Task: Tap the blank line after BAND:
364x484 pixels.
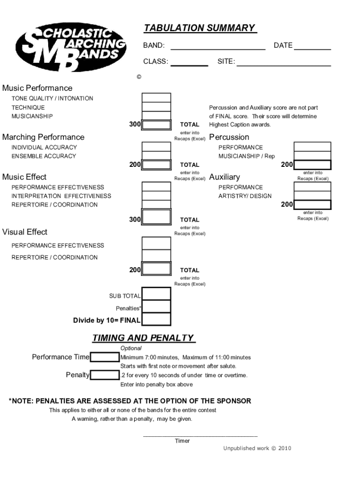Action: [217, 47]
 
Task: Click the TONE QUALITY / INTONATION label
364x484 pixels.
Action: [52, 98]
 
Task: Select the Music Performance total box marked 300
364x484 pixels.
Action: [156, 125]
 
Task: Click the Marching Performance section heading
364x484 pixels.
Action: [43, 137]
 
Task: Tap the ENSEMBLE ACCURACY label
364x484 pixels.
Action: [43, 156]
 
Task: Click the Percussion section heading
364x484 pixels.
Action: [229, 137]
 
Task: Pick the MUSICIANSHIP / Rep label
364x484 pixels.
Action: [246, 156]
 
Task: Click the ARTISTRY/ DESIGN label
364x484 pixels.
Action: [245, 196]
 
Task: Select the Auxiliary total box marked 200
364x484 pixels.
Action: [312, 205]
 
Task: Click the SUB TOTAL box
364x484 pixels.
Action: [156, 294]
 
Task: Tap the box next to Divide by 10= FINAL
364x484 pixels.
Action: [156, 320]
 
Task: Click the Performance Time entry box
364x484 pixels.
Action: [105, 357]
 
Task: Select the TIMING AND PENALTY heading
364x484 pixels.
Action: [143, 338]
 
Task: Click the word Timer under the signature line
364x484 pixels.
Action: [182, 441]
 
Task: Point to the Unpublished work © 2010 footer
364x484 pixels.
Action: [257, 448]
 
